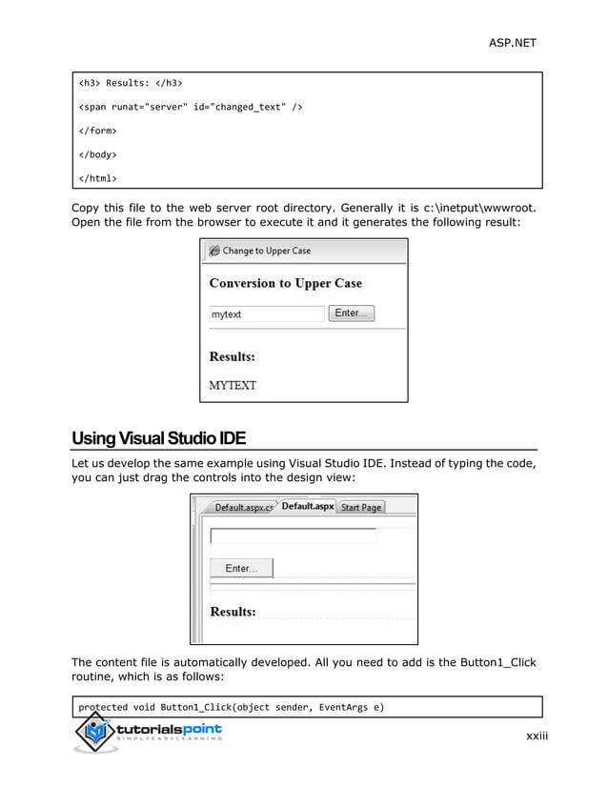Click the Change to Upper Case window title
click(266, 251)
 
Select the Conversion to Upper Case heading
click(285, 283)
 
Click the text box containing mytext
click(267, 313)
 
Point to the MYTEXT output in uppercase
click(233, 386)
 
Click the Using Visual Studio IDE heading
click(159, 439)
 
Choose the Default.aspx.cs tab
click(243, 507)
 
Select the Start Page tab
click(361, 507)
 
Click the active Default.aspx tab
click(307, 506)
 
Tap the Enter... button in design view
click(241, 568)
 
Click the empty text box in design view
click(293, 536)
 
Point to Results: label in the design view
click(233, 611)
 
